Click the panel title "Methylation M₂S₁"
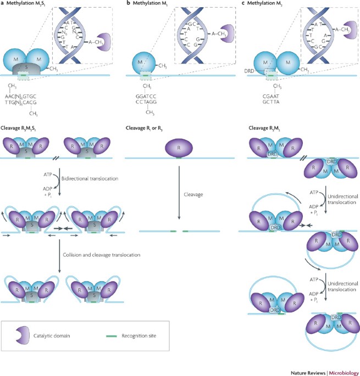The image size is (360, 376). point(30,4)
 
